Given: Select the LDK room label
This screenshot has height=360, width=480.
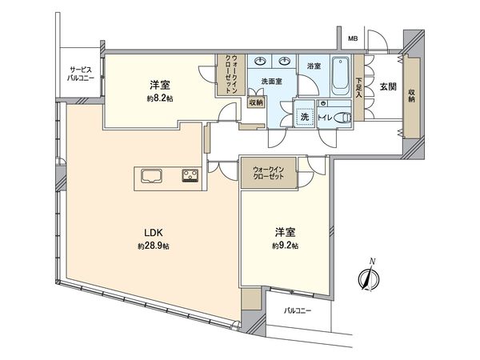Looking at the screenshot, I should coord(154,233).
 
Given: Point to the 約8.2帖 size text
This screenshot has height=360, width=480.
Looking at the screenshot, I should coord(157,98).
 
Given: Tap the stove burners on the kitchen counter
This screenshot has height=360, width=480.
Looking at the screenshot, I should coord(191,176).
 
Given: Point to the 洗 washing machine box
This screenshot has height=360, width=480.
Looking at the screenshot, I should coord(304,117).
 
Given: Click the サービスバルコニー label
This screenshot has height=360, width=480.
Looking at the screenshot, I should coord(82,74).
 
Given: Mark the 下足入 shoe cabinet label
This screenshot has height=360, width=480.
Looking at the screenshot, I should coord(359,85).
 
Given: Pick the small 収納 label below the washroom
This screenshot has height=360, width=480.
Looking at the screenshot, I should coord(256,102).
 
